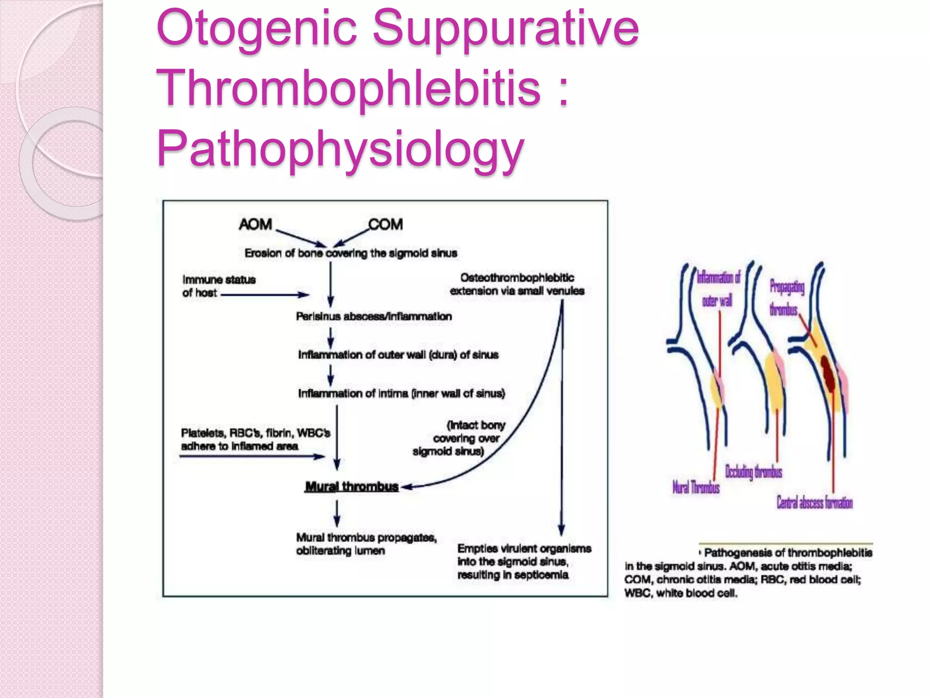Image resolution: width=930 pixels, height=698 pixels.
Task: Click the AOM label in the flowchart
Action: [255, 224]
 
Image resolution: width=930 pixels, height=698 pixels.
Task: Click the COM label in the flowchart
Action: [386, 224]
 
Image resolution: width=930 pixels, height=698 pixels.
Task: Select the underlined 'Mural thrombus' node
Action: [351, 487]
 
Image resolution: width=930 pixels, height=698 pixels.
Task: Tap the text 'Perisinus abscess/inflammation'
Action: [374, 316]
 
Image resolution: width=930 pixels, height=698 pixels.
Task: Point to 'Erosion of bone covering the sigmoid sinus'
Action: [351, 253]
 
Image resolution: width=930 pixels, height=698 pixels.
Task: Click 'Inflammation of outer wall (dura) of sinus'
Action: [398, 354]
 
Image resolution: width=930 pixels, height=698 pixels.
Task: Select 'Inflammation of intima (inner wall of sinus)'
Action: [401, 393]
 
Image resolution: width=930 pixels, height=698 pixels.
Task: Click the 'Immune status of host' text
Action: [218, 286]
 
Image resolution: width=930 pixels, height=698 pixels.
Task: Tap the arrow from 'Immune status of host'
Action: [263, 295]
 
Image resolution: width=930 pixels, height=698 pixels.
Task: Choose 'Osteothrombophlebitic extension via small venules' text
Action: [517, 284]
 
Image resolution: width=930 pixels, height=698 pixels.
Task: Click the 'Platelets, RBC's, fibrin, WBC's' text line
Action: [255, 433]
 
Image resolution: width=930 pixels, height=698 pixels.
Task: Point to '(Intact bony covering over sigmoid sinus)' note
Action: [460, 438]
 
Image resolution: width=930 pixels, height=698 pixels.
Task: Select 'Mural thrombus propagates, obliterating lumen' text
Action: [366, 544]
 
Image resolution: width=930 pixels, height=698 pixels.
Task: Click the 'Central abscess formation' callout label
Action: [814, 503]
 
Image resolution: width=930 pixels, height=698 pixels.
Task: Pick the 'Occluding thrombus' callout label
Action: [753, 472]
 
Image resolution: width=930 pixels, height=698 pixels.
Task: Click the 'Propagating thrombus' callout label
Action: [786, 298]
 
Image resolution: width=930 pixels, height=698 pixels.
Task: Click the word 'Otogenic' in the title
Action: [257, 28]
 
